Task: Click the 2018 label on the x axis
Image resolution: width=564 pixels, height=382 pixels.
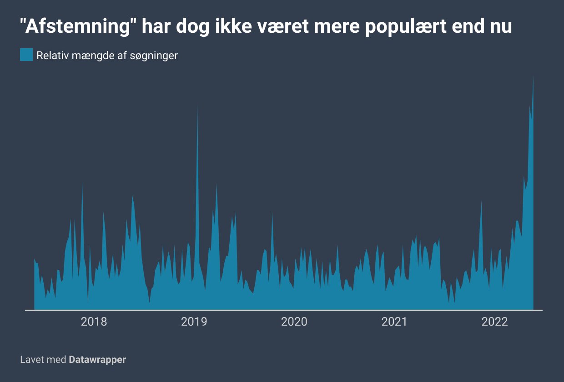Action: tap(94, 322)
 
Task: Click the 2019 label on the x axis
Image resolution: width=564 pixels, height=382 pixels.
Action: tap(194, 322)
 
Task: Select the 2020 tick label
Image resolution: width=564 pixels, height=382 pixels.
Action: tap(294, 322)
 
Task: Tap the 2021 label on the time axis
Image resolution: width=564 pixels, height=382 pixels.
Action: tap(394, 322)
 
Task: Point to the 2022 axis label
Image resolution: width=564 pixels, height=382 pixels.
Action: tap(494, 322)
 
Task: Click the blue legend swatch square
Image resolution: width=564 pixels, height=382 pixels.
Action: tap(26, 55)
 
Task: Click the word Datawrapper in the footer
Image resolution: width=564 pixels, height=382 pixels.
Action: tap(97, 360)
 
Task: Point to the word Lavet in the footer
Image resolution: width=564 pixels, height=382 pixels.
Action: tap(32, 360)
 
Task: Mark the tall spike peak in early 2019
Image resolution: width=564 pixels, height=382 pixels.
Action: tap(197, 106)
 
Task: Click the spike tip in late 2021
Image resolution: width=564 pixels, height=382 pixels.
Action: tap(481, 201)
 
